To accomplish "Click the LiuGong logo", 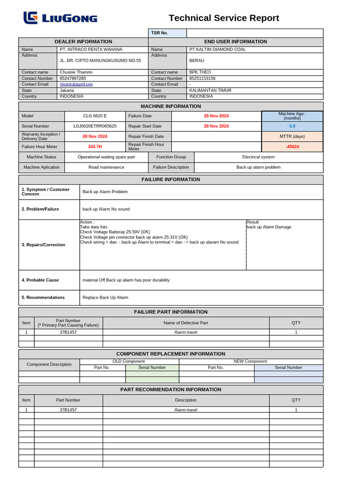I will [60, 18].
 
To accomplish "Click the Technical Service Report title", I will [224, 18].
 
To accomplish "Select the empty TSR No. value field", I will [255, 33].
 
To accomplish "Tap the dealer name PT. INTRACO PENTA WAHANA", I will [91, 49].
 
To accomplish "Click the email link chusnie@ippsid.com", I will [76, 84].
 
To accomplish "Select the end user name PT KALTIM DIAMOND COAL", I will [217, 49].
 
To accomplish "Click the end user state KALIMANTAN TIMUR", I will [210, 90].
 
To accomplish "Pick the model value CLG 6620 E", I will [95, 116].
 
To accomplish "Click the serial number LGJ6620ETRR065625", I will [95, 126].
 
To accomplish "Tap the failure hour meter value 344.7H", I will [95, 147].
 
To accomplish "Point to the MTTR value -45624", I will [292, 147].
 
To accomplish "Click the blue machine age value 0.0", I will [292, 126].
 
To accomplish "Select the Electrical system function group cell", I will [258, 157].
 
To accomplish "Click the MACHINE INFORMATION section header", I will [171, 106].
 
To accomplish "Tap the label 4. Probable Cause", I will [40, 280].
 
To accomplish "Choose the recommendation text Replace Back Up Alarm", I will [105, 297].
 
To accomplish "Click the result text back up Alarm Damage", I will [269, 227].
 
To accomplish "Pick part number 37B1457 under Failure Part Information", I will [68, 332].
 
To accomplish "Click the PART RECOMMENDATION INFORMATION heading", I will [171, 390].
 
